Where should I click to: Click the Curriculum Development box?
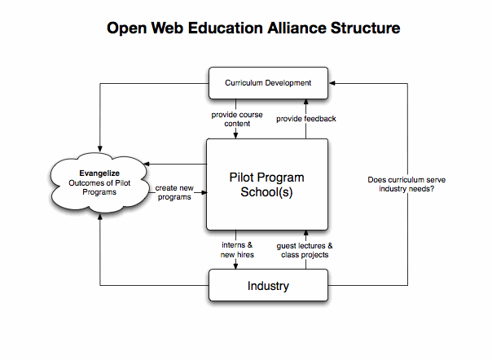(267, 82)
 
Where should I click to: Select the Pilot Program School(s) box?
(267, 184)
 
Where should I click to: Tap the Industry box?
(267, 286)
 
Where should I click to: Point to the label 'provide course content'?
(238, 118)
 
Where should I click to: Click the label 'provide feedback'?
(305, 119)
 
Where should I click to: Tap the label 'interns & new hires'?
(238, 249)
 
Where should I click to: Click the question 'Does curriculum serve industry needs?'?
(406, 184)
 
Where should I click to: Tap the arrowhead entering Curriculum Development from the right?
(332, 82)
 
